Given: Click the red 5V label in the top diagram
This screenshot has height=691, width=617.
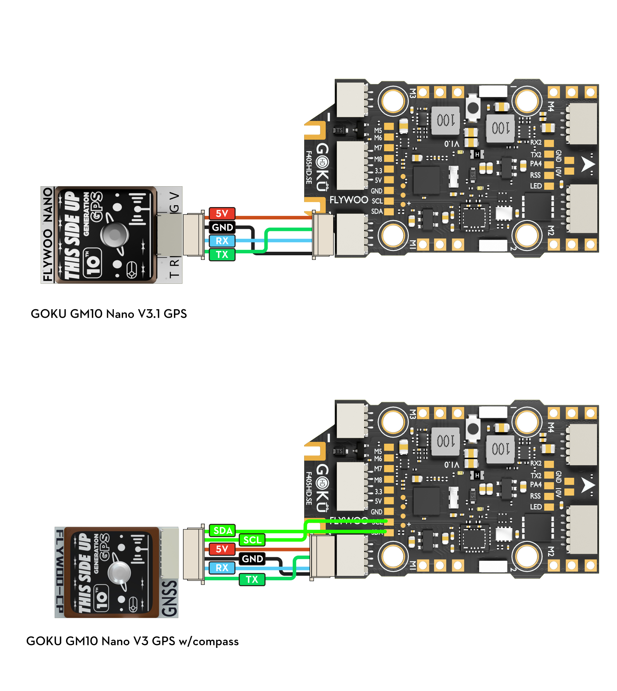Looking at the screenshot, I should tap(222, 213).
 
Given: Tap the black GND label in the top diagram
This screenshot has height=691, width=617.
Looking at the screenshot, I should tap(222, 227).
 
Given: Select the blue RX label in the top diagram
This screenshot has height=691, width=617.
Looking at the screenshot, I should tap(222, 241).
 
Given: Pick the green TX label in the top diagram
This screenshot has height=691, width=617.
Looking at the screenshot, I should tap(222, 254).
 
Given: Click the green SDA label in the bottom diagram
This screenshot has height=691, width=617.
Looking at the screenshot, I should tap(223, 531).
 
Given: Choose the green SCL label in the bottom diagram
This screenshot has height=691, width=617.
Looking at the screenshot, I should tap(252, 540).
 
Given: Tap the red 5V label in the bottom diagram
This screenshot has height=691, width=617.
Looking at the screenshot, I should tap(222, 549).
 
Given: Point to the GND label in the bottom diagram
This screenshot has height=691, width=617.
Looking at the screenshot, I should tap(252, 559).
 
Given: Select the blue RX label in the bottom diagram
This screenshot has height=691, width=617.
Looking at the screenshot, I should tap(222, 568).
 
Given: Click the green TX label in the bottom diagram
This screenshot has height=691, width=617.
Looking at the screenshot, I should tap(252, 579).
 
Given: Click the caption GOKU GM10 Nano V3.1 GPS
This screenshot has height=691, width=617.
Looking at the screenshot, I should tap(109, 314).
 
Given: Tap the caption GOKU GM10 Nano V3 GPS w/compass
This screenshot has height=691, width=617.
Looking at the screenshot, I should tap(132, 641).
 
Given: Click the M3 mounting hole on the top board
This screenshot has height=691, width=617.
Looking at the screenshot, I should tap(393, 101).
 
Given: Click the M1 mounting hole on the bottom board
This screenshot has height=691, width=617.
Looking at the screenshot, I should tap(393, 556).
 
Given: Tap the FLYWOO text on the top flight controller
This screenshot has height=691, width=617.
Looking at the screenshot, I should tap(349, 200).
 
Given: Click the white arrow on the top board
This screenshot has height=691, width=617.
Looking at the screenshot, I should tap(587, 165).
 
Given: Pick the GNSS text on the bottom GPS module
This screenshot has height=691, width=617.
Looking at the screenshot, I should tap(169, 598).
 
